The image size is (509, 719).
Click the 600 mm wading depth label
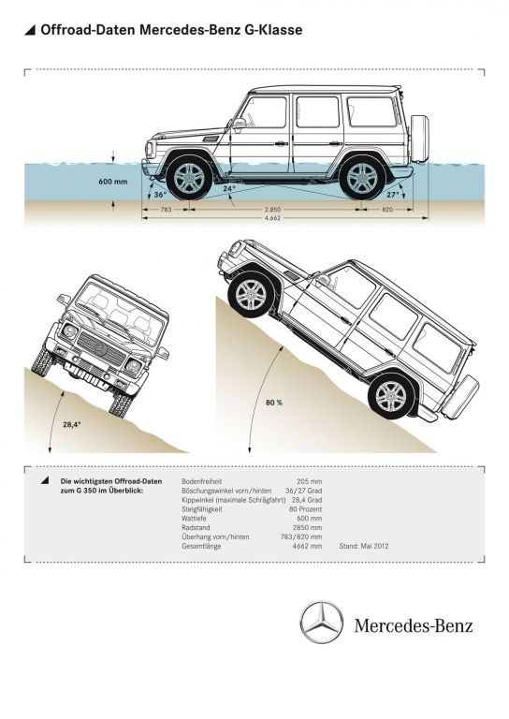(x=112, y=182)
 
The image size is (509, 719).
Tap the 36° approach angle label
(x=160, y=195)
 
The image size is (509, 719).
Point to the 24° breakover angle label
(x=229, y=188)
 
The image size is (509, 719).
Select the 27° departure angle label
(x=393, y=195)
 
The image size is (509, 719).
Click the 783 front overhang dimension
(x=166, y=210)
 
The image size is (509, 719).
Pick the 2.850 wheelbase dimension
(x=272, y=210)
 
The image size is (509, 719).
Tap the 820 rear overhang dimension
(x=387, y=210)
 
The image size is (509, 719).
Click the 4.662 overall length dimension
(x=272, y=218)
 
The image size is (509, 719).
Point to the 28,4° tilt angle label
(x=72, y=424)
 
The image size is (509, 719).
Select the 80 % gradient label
(x=274, y=403)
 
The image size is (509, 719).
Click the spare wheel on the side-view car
(x=419, y=138)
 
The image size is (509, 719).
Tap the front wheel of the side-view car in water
(x=189, y=178)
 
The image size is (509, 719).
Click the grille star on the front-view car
(x=101, y=349)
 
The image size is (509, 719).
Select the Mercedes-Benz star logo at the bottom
(x=322, y=623)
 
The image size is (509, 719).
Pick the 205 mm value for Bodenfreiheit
(x=310, y=481)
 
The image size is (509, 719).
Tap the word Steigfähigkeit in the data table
(x=202, y=509)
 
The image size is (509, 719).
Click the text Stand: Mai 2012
(x=364, y=546)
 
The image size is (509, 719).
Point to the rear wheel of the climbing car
(x=391, y=396)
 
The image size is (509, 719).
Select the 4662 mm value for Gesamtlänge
(x=308, y=546)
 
